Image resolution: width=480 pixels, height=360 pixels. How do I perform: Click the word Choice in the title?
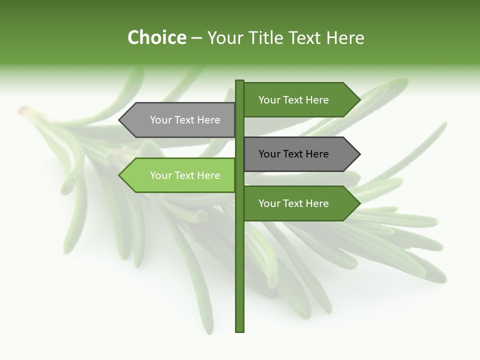(156, 37)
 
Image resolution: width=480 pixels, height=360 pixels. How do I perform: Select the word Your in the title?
(225, 37)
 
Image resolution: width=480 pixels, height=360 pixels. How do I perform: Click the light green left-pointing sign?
(180, 175)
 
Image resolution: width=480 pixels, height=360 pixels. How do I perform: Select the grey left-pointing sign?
(180, 120)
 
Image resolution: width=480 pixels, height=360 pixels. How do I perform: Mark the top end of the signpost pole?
(240, 81)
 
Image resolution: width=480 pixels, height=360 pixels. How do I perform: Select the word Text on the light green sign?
(185, 175)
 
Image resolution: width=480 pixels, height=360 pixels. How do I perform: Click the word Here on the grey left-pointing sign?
(208, 120)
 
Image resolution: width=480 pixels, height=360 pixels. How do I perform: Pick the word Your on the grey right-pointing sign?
(269, 154)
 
